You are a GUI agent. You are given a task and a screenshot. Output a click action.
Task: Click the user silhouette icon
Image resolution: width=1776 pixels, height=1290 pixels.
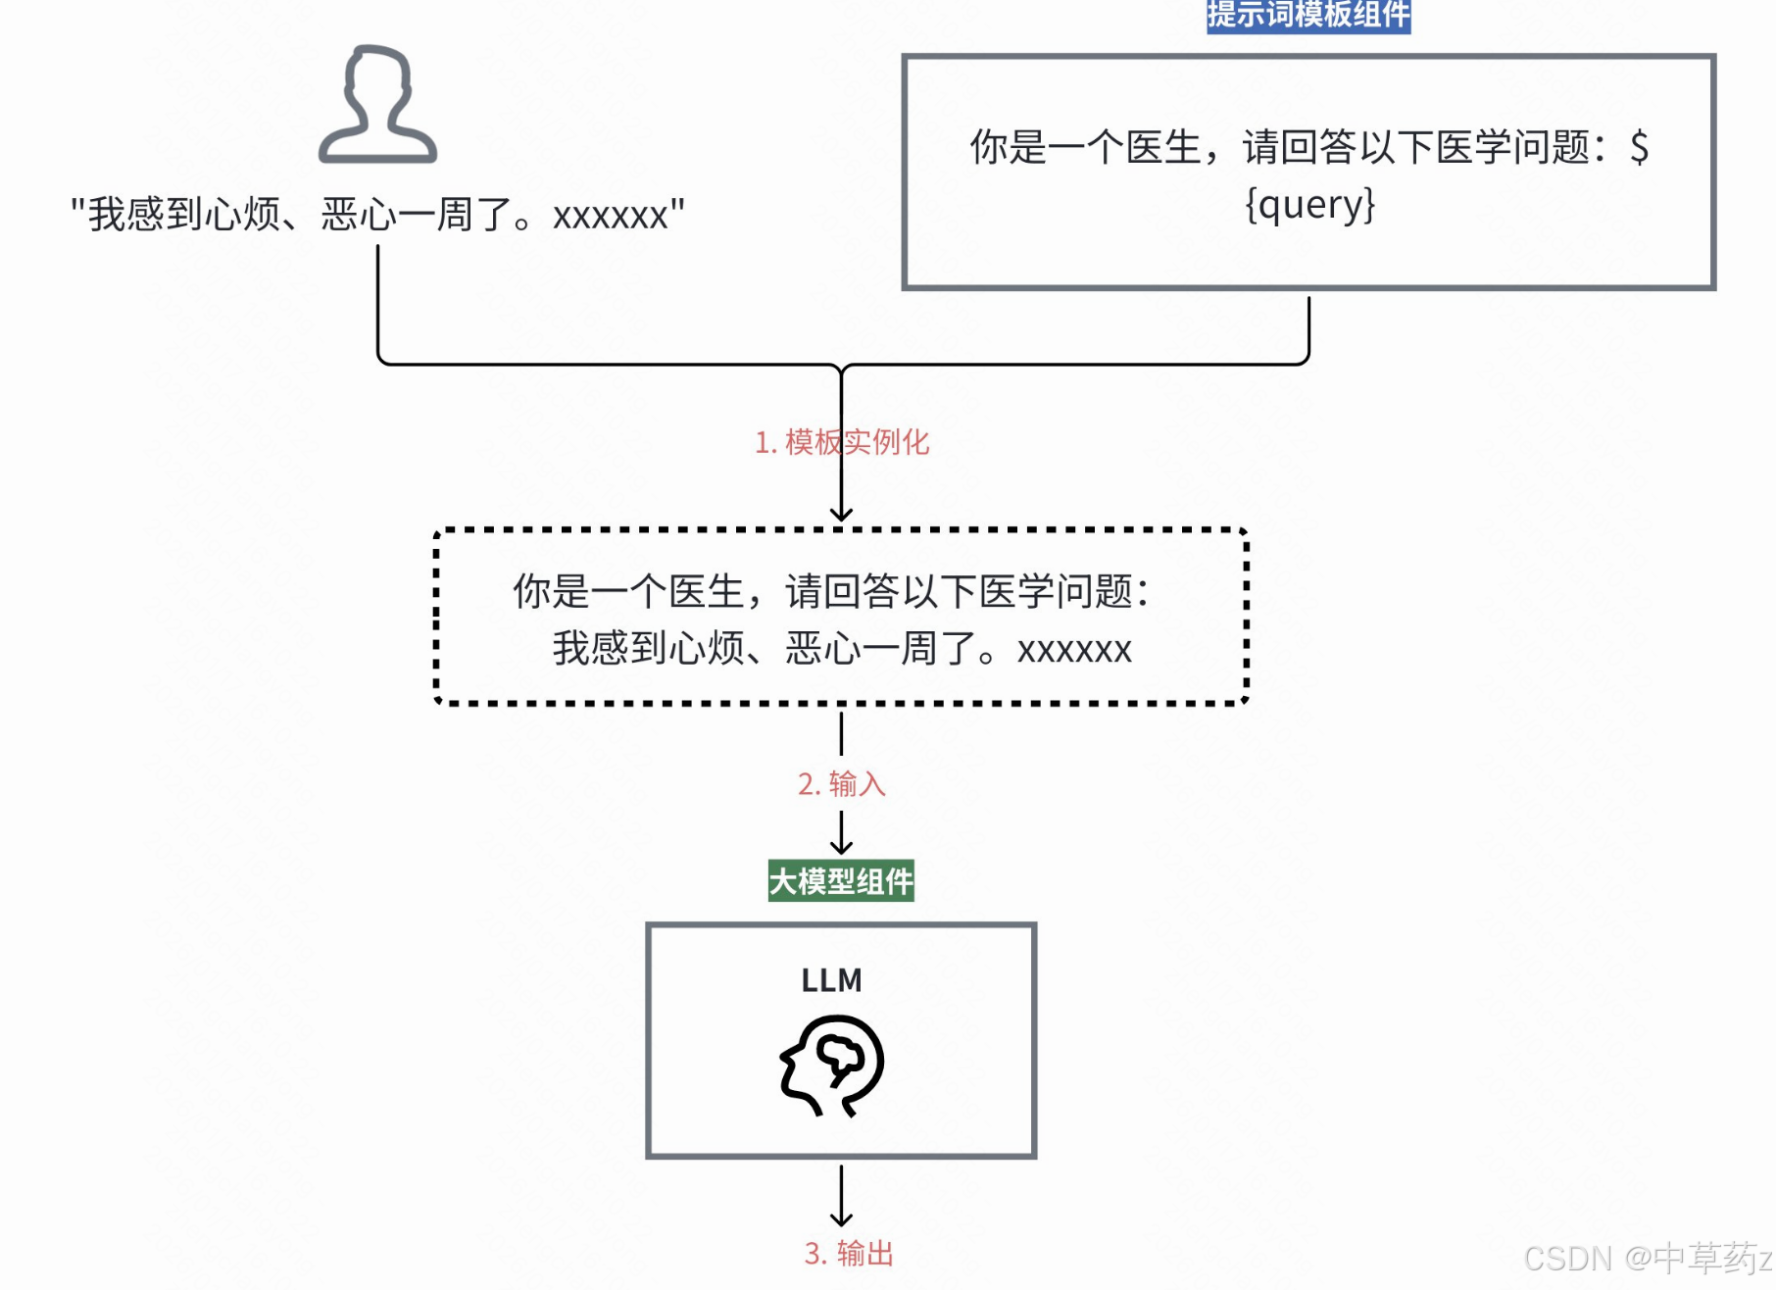point(377,104)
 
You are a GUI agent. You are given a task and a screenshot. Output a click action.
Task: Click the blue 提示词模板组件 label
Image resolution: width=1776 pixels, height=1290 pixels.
point(1307,15)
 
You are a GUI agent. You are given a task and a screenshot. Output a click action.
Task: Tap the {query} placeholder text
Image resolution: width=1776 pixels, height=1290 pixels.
point(1309,205)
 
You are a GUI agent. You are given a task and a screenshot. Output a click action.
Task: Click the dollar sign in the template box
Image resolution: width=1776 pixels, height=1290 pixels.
point(1639,148)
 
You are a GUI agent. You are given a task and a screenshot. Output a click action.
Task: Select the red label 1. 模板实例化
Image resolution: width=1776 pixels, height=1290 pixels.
point(841,442)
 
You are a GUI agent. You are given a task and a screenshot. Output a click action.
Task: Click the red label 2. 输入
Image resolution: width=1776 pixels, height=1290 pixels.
point(841,783)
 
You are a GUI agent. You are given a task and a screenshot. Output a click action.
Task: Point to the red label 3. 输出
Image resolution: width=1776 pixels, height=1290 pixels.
point(848,1253)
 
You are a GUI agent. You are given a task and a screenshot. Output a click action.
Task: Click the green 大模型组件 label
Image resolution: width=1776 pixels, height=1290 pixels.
point(841,880)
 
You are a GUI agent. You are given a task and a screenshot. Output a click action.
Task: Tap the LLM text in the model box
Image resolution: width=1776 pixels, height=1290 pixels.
point(831,980)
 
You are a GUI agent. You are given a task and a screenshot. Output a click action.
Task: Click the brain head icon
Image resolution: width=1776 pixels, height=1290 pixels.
point(832,1066)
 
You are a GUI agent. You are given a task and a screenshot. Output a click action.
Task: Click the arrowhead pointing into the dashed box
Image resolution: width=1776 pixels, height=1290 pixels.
point(841,515)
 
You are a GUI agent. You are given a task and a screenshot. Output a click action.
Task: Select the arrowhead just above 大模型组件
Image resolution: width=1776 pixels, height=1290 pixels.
point(841,846)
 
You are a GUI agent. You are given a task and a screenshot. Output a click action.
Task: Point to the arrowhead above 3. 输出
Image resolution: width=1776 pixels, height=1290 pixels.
point(841,1218)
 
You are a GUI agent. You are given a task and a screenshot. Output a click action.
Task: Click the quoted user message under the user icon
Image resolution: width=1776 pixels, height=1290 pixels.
point(377,214)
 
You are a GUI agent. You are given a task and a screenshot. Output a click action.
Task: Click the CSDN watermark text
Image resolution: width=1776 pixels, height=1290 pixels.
point(1647,1258)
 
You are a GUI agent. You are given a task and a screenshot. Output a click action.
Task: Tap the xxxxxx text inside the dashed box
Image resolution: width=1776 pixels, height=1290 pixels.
point(1074,650)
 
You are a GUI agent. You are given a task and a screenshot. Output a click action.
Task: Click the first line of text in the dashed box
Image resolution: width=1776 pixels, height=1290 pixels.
point(831,592)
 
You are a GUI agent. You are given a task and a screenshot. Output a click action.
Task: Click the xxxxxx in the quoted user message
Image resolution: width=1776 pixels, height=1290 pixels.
point(610,215)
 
